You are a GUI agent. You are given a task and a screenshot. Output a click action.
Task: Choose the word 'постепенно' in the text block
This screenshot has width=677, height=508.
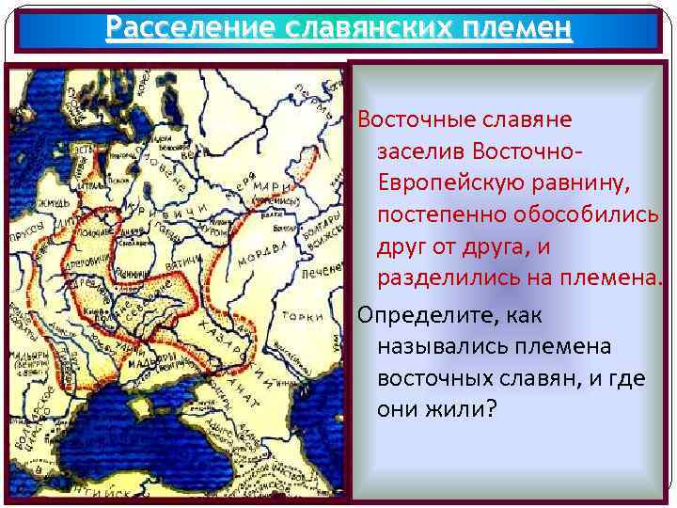(441, 215)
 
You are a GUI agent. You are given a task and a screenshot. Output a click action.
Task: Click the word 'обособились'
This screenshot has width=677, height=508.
(587, 215)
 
